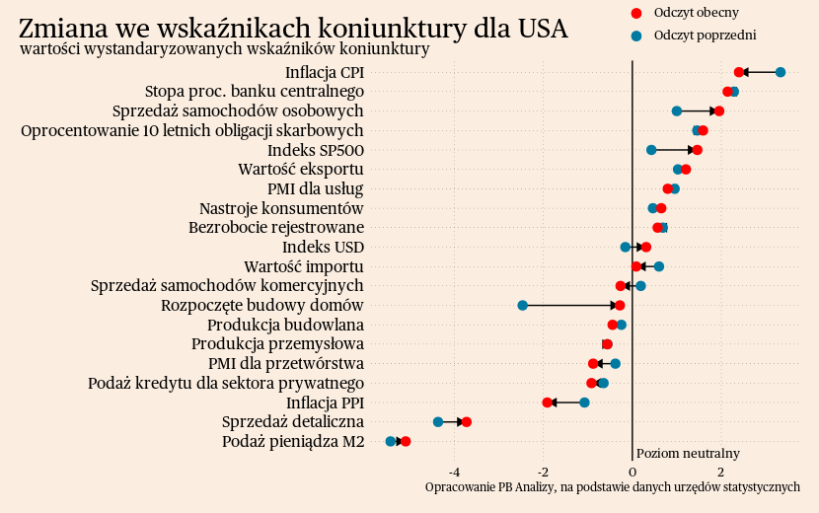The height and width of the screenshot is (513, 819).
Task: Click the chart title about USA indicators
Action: click(x=293, y=28)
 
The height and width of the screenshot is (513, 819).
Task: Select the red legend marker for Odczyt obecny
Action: click(x=636, y=13)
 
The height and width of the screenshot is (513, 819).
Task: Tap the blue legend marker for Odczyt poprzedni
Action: click(x=636, y=36)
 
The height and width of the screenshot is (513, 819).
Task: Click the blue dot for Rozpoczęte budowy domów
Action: click(x=523, y=306)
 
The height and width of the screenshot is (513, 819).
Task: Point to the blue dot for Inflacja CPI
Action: click(x=781, y=72)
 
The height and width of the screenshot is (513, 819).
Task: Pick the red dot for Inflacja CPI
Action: click(x=739, y=72)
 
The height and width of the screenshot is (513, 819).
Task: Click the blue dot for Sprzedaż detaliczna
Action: click(x=438, y=422)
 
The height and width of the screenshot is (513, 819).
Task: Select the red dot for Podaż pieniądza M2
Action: click(x=406, y=442)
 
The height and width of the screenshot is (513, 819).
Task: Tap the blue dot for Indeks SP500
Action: click(x=651, y=150)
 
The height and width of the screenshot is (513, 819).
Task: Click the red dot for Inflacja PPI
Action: click(x=548, y=403)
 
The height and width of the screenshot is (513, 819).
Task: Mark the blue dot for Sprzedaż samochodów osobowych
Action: click(x=677, y=111)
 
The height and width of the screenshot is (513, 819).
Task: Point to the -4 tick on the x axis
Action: click(x=454, y=471)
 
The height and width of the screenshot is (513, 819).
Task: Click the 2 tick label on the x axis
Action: click(x=721, y=471)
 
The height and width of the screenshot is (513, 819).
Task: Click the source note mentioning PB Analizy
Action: click(x=612, y=487)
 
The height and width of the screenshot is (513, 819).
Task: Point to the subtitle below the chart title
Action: click(x=224, y=49)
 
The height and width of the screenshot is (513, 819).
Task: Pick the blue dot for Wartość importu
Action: click(x=659, y=266)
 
